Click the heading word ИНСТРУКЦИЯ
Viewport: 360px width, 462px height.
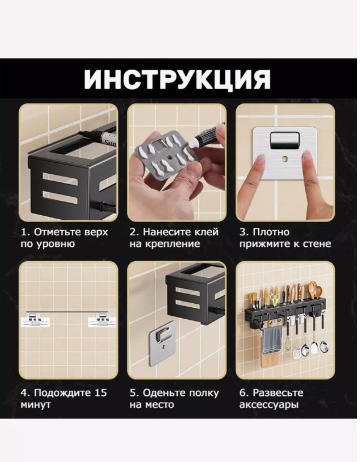(x=177, y=79)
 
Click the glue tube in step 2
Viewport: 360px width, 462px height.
(x=206, y=135)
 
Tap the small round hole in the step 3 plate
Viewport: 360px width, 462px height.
(x=285, y=159)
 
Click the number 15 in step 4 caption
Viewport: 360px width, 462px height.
(x=101, y=393)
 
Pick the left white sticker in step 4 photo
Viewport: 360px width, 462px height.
(x=36, y=322)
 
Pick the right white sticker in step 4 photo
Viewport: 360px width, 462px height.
(x=101, y=322)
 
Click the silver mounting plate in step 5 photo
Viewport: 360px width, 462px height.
(x=162, y=343)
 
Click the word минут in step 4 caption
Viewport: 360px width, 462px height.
(x=36, y=404)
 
